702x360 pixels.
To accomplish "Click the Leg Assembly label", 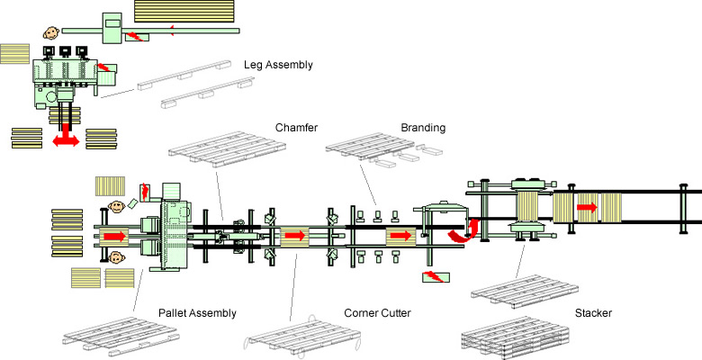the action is tap(278, 65).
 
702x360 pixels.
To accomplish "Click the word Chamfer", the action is tap(296, 128).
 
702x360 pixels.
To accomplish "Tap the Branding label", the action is tap(423, 128).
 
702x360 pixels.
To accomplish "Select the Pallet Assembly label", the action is tap(197, 313).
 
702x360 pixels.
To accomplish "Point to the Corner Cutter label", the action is tap(377, 313).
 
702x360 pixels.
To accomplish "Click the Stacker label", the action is tap(593, 313).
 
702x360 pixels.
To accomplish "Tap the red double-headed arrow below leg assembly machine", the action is tap(67, 137).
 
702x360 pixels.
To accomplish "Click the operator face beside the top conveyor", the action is tap(51, 32).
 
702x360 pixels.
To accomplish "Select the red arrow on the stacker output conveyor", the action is tap(587, 207).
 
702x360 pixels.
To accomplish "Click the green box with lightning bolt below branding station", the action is tap(436, 276).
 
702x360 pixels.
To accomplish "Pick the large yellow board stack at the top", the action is tap(184, 11).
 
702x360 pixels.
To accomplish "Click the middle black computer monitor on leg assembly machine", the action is tap(65, 51).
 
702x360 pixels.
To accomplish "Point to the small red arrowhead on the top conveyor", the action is tap(172, 31).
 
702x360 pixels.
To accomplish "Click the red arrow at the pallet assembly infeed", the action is tap(114, 236).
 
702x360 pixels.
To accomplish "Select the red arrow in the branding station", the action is tap(401, 236).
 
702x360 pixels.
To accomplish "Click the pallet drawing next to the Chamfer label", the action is tap(227, 149).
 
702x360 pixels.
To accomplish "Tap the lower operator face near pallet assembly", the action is tap(116, 257).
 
